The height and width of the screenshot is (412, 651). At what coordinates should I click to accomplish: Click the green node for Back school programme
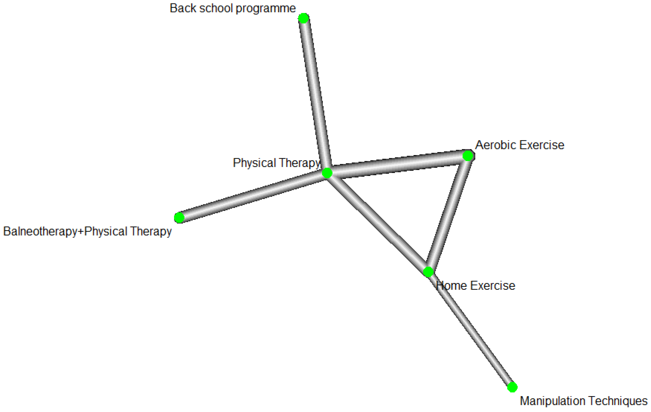(304, 18)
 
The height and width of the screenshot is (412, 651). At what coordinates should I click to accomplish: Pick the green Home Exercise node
(428, 272)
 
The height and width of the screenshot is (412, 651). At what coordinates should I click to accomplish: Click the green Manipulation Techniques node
(512, 387)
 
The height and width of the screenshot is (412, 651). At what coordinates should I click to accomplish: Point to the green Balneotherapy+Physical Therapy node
(179, 217)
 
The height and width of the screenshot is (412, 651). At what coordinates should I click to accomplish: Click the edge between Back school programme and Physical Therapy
(315, 94)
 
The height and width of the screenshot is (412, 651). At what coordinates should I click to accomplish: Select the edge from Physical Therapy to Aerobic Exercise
(397, 164)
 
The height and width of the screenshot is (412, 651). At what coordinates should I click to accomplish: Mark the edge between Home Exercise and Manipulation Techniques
(470, 330)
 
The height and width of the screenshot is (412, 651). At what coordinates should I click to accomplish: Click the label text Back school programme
(232, 8)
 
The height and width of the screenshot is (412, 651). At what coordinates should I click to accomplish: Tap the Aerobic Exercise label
(520, 145)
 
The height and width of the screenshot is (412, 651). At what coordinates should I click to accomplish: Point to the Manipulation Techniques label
(584, 401)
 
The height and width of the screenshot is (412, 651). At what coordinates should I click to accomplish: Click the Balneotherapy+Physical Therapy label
(87, 231)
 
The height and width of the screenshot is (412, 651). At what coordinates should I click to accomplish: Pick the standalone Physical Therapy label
(276, 163)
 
